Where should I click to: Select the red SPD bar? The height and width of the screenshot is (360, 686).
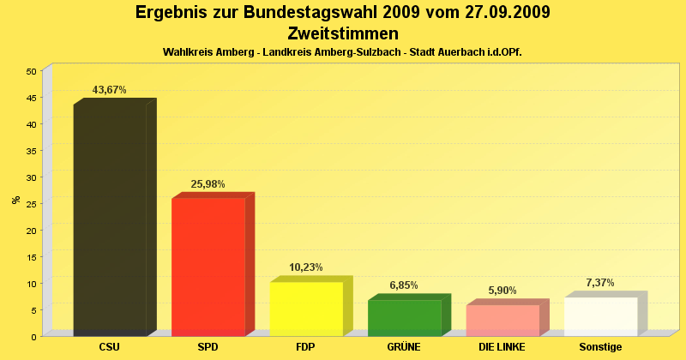pos(208,267)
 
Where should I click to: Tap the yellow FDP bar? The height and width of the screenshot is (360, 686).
pos(306,309)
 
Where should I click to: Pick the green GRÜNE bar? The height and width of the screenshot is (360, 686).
pos(404,317)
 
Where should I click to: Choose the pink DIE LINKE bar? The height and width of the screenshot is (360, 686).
pos(502,320)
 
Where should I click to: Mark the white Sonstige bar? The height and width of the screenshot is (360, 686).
pos(600,316)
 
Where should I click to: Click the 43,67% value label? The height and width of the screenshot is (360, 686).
pos(110,90)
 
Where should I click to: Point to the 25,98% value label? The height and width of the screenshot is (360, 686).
pos(208,184)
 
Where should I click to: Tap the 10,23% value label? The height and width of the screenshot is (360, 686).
pos(306,267)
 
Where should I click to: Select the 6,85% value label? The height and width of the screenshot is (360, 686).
pos(404,285)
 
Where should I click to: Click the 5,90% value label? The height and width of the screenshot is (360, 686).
pos(502,291)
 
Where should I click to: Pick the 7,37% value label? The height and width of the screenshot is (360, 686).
pos(600,283)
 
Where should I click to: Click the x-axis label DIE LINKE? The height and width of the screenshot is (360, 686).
pos(502,347)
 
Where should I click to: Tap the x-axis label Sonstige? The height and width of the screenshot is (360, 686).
pos(600,347)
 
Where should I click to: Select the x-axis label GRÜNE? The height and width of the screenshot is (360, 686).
pos(404,347)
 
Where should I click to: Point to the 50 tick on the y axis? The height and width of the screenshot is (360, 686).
pos(31,71)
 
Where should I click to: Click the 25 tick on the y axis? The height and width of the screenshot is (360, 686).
pos(31,204)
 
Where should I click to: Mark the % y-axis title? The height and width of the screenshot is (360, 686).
pos(15,200)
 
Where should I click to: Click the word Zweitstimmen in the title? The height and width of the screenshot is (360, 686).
pos(343,34)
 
